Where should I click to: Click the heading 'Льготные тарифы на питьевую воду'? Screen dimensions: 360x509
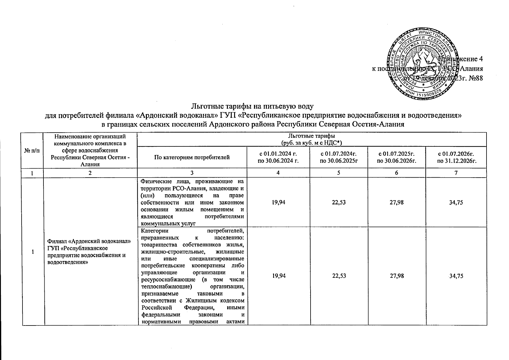252,106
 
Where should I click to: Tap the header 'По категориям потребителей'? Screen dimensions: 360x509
192,157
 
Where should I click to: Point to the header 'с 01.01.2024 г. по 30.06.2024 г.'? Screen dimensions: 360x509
278,157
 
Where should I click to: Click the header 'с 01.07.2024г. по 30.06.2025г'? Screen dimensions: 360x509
339,157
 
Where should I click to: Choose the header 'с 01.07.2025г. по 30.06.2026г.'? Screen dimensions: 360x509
396,157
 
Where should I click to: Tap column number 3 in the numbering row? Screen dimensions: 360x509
192,173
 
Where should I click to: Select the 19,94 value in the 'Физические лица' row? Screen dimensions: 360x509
278,202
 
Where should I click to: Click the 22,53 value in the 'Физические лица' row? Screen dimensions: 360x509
339,202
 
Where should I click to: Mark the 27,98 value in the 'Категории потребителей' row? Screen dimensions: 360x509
396,276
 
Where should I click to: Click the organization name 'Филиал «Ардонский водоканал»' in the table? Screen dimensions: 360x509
89,241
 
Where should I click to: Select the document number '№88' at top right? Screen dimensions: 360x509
474,78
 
